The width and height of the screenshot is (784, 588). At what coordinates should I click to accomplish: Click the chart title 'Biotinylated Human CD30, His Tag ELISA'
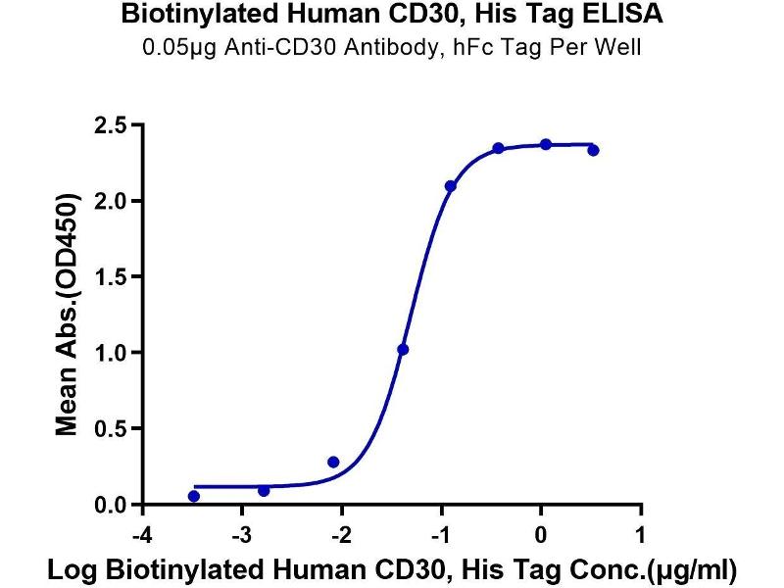click(391, 15)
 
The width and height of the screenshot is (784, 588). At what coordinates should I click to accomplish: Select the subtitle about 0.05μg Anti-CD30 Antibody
click(391, 46)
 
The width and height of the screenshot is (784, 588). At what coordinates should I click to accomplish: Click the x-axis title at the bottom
click(391, 568)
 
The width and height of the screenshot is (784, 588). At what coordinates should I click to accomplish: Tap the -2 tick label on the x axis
click(339, 535)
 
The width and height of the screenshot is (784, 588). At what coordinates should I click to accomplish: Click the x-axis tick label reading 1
click(640, 535)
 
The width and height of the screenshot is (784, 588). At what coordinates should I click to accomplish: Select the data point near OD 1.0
click(403, 349)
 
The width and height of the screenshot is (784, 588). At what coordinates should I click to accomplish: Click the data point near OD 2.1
click(450, 186)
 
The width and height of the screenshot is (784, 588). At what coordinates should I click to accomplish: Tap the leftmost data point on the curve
click(194, 496)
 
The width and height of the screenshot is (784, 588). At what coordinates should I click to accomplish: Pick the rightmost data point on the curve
click(593, 150)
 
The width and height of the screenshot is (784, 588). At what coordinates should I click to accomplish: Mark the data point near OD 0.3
click(333, 462)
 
